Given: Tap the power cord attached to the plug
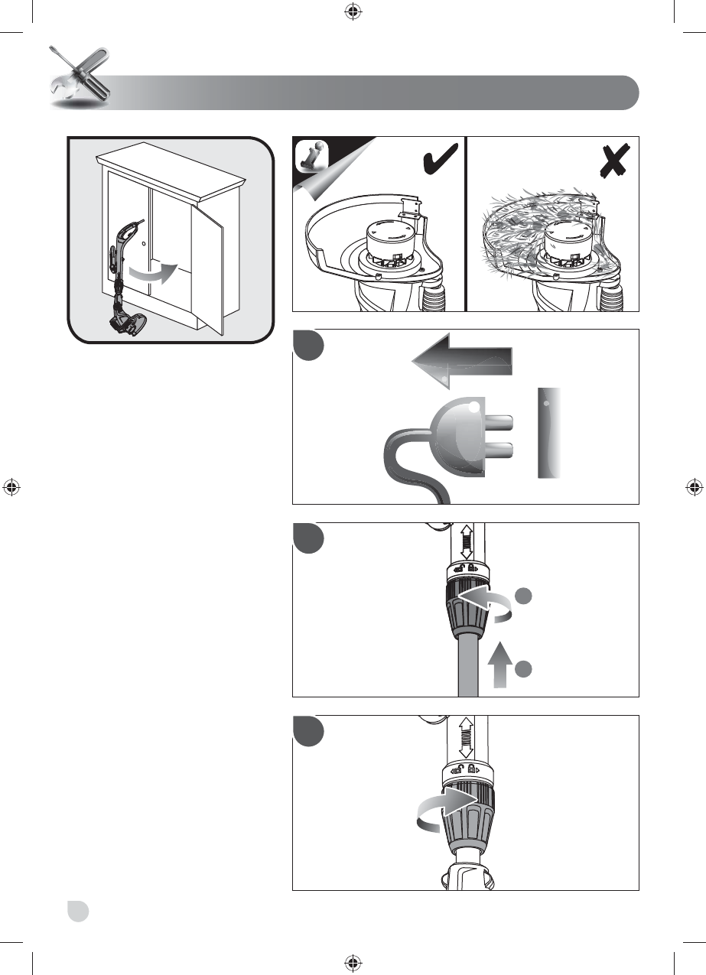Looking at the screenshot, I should click(x=405, y=466).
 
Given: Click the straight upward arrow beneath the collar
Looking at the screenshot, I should click(x=497, y=664).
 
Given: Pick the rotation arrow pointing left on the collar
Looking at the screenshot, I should click(x=484, y=601).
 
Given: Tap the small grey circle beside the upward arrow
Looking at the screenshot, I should click(x=522, y=670).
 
